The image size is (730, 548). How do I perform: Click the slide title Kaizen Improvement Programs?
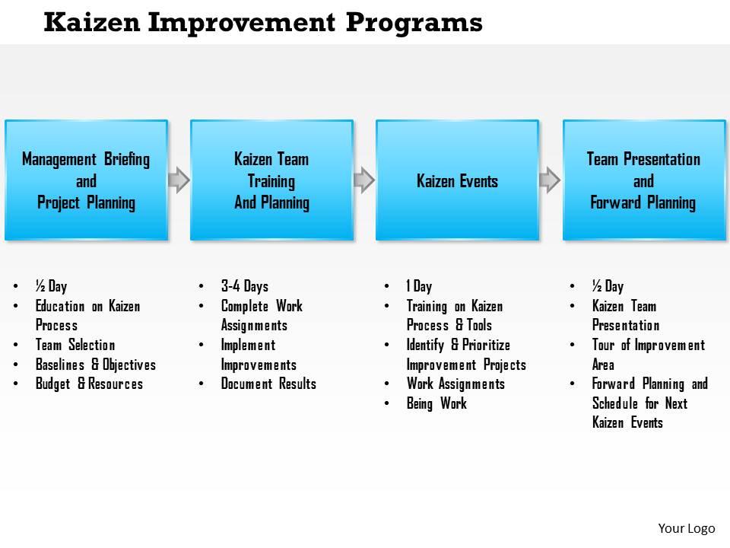coord(263,23)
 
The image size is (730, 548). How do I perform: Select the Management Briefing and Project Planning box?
coord(86,180)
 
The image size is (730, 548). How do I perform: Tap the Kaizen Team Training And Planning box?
coord(271,180)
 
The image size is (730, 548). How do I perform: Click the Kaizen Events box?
coord(457,180)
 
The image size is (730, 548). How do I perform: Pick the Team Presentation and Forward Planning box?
coord(643,180)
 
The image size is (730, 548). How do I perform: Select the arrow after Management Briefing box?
coord(179,180)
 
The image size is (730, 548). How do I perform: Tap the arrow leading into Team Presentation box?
coord(550,180)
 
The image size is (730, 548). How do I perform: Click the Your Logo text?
coord(686,527)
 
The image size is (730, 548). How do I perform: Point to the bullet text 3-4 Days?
coord(244,287)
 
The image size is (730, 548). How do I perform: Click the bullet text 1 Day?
coord(419,287)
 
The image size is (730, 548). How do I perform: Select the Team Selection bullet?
coord(75,345)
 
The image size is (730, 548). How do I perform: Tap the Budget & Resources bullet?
coord(89,384)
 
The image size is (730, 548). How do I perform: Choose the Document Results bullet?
coord(268,384)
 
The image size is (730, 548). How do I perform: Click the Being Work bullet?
coord(436,403)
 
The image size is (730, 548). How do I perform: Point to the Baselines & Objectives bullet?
coord(95,365)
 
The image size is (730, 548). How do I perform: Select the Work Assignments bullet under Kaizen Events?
coord(455,384)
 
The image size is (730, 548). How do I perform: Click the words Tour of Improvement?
coord(649,345)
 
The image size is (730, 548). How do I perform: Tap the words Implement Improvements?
coord(259,355)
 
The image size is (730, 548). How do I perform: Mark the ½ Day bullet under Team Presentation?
coord(608,287)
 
